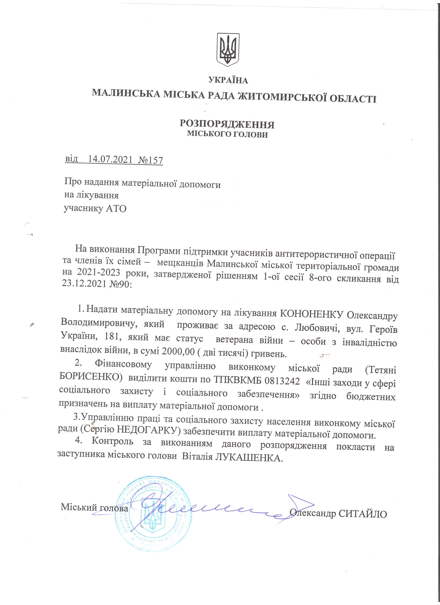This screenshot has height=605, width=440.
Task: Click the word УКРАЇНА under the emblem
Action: coord(228,80)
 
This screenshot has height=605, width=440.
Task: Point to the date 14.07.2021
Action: coord(110,159)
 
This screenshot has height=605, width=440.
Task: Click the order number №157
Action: coord(151,160)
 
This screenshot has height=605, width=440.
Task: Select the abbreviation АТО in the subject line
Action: coord(116,209)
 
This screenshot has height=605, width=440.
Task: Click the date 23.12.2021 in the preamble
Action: coord(84,283)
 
